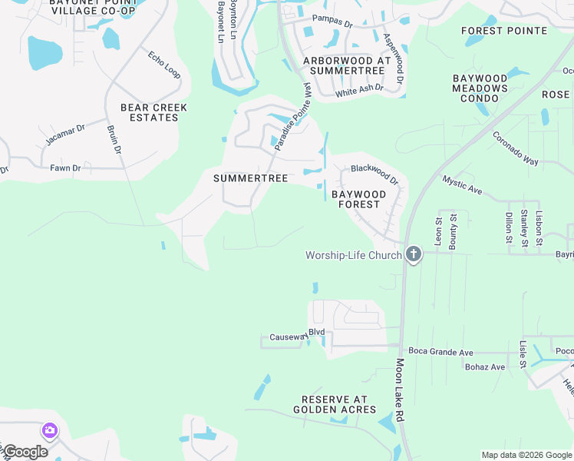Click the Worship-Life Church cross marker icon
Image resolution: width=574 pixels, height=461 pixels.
point(414,254)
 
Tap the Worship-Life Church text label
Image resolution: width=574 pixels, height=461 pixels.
point(353,255)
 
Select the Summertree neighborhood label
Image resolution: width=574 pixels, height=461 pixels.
point(250,178)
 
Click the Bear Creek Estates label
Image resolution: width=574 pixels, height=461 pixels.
point(149,112)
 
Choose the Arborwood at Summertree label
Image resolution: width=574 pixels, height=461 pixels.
point(347,65)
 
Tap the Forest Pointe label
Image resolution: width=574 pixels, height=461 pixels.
point(504,31)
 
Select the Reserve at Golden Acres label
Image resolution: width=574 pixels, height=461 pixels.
point(335,404)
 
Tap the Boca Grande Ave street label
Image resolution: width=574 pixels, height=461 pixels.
point(440,352)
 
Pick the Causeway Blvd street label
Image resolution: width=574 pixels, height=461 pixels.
point(298,336)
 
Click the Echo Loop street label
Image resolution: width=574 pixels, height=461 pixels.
point(164,65)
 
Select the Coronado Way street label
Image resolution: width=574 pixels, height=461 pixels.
point(515,148)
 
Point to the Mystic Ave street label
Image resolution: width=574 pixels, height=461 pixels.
point(462,184)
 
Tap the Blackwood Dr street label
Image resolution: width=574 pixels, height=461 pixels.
point(375,174)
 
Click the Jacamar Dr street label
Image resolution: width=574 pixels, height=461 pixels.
point(64,133)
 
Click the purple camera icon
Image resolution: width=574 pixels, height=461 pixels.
point(50,430)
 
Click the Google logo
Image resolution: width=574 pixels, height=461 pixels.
point(25,452)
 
